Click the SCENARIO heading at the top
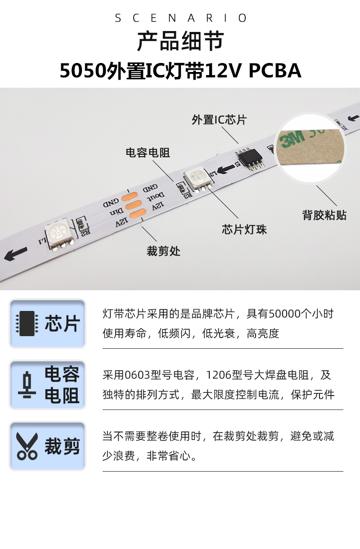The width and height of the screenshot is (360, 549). (x=180, y=18)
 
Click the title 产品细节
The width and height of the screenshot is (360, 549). (x=180, y=41)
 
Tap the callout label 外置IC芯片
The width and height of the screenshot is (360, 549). (x=219, y=120)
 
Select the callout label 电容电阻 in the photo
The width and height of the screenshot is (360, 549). (x=148, y=153)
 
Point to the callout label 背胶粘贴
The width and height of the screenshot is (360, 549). (x=324, y=215)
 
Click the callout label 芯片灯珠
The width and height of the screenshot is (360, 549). (x=244, y=229)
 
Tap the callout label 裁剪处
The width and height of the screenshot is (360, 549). (x=163, y=251)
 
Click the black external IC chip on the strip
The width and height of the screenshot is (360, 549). (x=249, y=159)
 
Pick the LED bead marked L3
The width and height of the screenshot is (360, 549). (x=198, y=179)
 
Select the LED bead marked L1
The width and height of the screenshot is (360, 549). (x=59, y=234)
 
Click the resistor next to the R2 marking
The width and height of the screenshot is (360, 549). (x=81, y=224)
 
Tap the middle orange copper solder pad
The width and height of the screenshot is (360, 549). (x=134, y=205)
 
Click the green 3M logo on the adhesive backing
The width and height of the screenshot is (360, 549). (x=292, y=139)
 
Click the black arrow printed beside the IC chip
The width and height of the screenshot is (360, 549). (x=226, y=169)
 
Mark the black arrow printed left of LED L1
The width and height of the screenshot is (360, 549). (x=15, y=253)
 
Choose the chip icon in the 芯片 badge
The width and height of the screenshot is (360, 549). (x=27, y=324)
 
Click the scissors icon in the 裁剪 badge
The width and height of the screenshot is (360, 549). (x=27, y=446)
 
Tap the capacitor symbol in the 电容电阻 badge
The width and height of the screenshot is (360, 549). (x=27, y=385)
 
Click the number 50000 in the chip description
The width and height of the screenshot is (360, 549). (x=285, y=314)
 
